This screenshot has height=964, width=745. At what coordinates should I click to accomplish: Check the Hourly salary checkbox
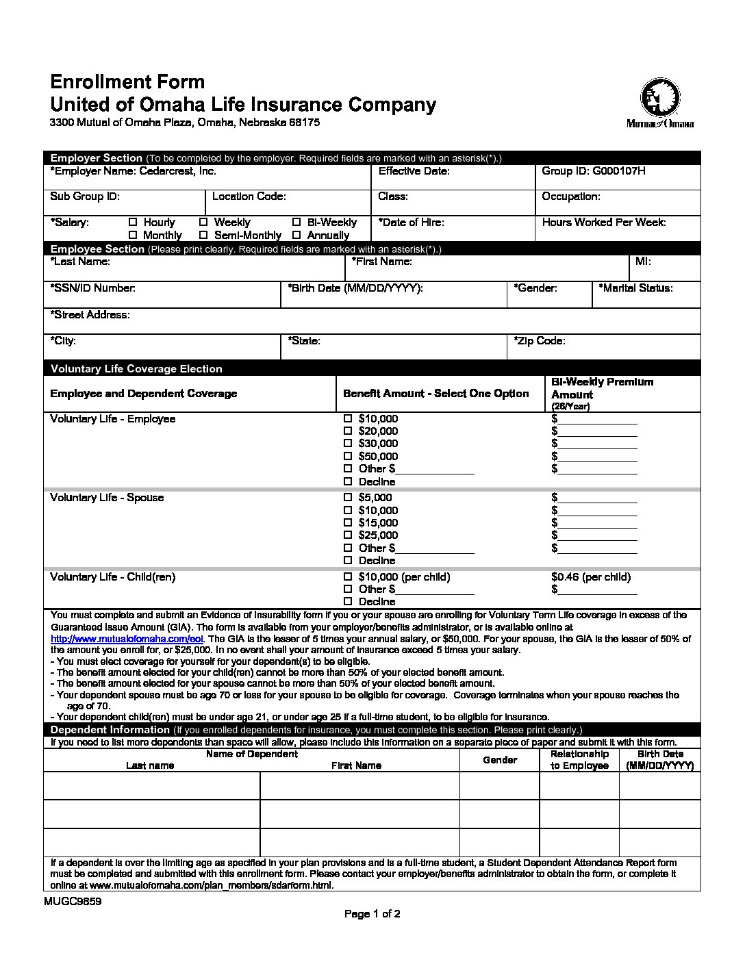click(x=134, y=222)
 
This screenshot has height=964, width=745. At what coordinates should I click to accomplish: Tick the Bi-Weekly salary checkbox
click(x=296, y=222)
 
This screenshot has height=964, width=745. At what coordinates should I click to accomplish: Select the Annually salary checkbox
click(x=296, y=235)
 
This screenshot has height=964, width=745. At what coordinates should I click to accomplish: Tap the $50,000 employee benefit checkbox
click(x=347, y=456)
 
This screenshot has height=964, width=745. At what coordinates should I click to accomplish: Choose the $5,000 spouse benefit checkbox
click(x=347, y=497)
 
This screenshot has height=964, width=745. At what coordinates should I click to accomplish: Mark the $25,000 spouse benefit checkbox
click(x=347, y=535)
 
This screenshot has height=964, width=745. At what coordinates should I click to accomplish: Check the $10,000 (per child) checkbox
click(x=347, y=576)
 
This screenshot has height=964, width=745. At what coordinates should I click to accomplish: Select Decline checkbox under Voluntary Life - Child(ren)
click(x=347, y=601)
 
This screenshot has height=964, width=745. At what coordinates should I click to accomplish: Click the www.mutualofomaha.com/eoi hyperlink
click(x=127, y=639)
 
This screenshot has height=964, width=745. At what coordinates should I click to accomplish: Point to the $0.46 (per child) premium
click(x=590, y=576)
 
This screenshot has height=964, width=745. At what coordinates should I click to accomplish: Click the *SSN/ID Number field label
click(x=92, y=288)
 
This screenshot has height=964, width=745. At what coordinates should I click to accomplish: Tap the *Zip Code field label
click(x=540, y=341)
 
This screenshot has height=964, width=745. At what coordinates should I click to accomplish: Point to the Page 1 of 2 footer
click(x=372, y=913)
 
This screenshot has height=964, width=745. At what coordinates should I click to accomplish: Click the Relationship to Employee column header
click(x=579, y=759)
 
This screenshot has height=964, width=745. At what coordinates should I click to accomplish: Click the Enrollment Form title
click(x=127, y=82)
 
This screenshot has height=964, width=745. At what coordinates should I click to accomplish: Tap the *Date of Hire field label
click(x=411, y=222)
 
